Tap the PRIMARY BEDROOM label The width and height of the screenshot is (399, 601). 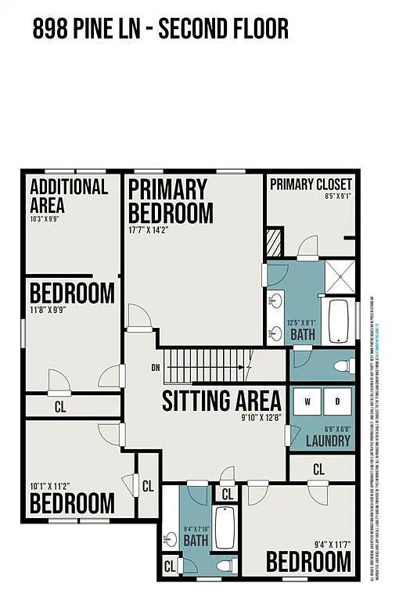(170, 201)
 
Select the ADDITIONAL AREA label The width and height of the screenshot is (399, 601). (68, 196)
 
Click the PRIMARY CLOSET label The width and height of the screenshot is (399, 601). (311, 184)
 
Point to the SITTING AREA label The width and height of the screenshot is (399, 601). (221, 401)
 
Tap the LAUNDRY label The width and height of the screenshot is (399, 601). (328, 441)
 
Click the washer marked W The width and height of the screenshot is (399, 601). (307, 402)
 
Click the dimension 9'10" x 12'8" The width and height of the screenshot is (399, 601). (261, 419)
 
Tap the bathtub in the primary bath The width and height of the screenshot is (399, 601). (338, 321)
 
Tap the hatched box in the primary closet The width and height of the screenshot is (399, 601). (275, 242)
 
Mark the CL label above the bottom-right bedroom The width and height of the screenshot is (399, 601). (319, 470)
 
